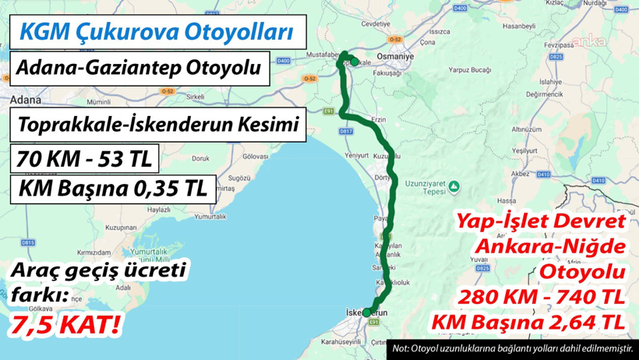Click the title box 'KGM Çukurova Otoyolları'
tap(157, 33)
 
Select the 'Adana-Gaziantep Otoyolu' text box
tap(138, 69)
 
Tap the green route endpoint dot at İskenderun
tap(366, 312)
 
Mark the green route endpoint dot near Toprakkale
tap(355, 61)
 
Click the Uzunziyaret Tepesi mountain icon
tap(457, 187)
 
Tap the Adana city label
tap(23, 101)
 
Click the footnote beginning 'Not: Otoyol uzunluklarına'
tap(512, 348)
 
